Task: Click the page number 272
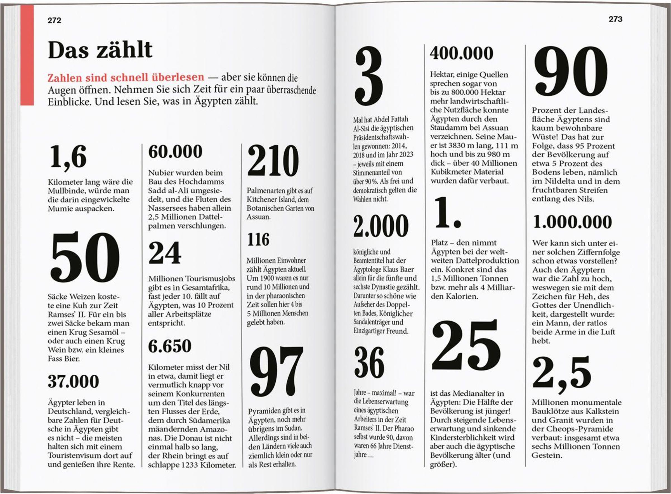point(54,20)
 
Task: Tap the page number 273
point(615,19)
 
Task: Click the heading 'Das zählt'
point(100,50)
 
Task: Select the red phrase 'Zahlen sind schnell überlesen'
point(126,77)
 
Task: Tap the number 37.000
point(73,381)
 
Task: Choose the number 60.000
point(175,152)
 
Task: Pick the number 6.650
point(170,346)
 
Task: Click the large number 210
point(273,161)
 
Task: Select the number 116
point(258,239)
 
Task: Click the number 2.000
point(381,226)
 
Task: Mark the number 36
point(369,363)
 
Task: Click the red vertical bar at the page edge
point(27,55)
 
